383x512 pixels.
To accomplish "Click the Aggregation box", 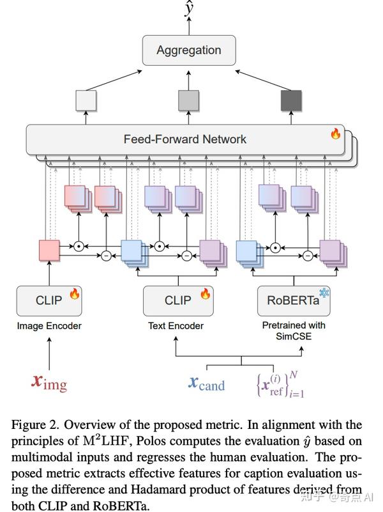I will pyautogui.click(x=189, y=50).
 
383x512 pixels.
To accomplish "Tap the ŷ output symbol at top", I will pyautogui.click(x=189, y=10).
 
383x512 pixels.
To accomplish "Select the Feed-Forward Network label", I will pyautogui.click(x=184, y=139).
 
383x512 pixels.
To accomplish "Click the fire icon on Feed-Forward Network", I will pyautogui.click(x=335, y=134).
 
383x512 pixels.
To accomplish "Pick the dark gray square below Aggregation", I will pyautogui.click(x=291, y=101).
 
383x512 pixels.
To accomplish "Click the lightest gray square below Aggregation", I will pyautogui.click(x=86, y=101).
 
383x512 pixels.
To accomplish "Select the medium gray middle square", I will pyautogui.click(x=188, y=101).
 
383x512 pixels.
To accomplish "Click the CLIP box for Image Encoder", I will pyautogui.click(x=49, y=300).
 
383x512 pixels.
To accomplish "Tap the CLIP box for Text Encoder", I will pyautogui.click(x=177, y=300).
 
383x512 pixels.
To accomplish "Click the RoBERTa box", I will pyautogui.click(x=294, y=300).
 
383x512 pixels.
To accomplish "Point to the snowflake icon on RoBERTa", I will pyautogui.click(x=324, y=293).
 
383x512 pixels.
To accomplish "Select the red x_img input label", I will pyautogui.click(x=49, y=382).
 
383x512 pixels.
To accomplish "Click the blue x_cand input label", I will pyautogui.click(x=206, y=383).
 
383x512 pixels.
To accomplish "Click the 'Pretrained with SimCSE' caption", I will pyautogui.click(x=294, y=330).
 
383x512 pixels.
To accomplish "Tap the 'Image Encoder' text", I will pyautogui.click(x=49, y=326).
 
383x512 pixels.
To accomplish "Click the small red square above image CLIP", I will pyautogui.click(x=49, y=249).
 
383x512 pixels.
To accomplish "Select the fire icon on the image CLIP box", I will pyautogui.click(x=74, y=294).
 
